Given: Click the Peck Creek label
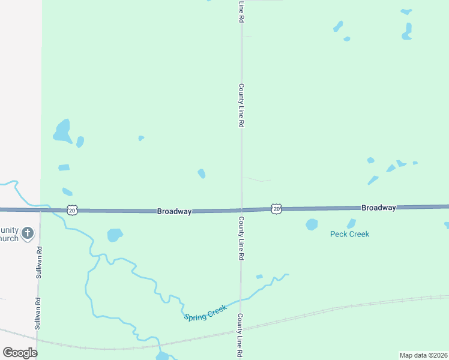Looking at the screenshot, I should click(x=349, y=234).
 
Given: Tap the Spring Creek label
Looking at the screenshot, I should click(x=205, y=313).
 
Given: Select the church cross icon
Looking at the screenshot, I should click(x=27, y=233).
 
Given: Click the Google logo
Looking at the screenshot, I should click(x=20, y=352).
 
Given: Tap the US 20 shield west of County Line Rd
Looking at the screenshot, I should click(x=72, y=210).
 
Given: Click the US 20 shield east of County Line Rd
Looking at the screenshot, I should click(x=276, y=208).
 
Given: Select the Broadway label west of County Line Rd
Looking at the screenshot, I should click(x=174, y=211).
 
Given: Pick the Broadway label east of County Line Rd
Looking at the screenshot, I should click(x=378, y=208).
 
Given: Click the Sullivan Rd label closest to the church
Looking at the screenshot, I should click(x=38, y=262).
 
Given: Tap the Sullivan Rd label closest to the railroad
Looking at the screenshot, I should click(x=37, y=314).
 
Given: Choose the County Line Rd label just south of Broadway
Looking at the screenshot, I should click(x=241, y=238).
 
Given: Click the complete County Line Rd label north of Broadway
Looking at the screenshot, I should click(x=241, y=105).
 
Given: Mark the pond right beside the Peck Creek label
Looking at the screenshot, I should click(x=312, y=224).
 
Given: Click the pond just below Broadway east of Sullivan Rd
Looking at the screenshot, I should click(x=114, y=235).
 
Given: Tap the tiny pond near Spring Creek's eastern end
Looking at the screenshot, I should click(x=259, y=277).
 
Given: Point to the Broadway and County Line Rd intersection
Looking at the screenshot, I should click(x=241, y=210).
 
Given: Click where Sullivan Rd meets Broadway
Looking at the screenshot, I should click(x=40, y=210).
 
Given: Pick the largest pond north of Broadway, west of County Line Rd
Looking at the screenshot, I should click(x=62, y=131).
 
